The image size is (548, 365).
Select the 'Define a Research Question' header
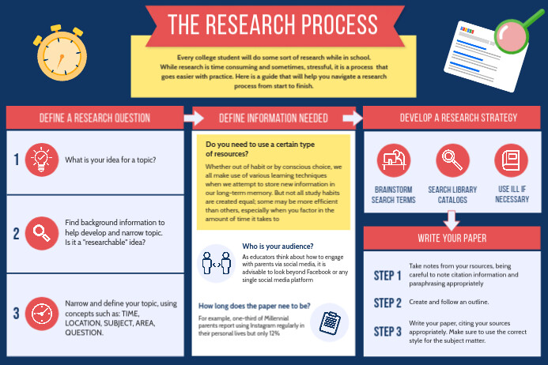pyautogui.click(x=95, y=119)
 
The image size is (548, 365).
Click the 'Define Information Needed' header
pyautogui.click(x=273, y=119)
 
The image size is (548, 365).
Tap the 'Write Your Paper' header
pyautogui.click(x=452, y=238)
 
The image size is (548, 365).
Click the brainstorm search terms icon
pyautogui.click(x=393, y=160)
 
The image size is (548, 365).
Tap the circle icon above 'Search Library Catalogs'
pyautogui.click(x=452, y=160)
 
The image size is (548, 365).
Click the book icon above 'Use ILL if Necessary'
pyautogui.click(x=510, y=160)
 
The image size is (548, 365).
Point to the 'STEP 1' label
pyautogui.click(x=387, y=276)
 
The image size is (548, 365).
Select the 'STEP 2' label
pyautogui.click(x=387, y=303)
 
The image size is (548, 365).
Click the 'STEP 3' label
pyautogui.click(x=387, y=330)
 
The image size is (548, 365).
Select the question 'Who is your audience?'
pyautogui.click(x=278, y=246)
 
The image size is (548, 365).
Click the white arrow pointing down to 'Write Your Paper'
pyautogui.click(x=452, y=217)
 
